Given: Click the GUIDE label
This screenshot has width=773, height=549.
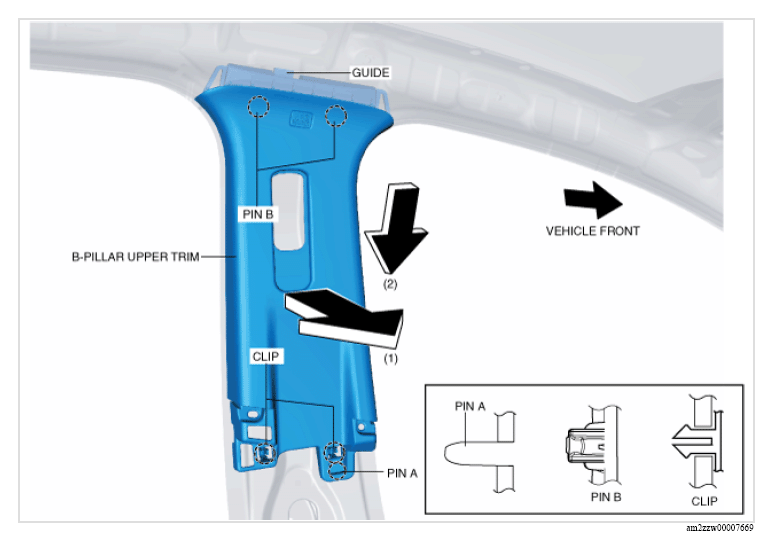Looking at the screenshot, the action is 370,73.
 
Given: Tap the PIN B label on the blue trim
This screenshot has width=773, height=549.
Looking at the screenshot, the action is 258,214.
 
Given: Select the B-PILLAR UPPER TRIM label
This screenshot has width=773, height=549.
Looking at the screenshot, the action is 136,257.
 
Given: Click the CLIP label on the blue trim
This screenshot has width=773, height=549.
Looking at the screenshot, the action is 266,356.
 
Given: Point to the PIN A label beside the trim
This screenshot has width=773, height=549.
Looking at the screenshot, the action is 402,473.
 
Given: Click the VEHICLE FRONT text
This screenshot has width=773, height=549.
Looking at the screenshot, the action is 593,231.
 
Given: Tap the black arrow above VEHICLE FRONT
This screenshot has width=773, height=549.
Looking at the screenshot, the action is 593,200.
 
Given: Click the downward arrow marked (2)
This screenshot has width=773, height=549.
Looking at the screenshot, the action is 397,228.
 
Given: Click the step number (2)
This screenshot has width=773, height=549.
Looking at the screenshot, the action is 390,284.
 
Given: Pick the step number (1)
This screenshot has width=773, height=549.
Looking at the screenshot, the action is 390,358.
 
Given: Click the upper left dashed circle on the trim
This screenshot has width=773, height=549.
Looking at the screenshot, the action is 258,106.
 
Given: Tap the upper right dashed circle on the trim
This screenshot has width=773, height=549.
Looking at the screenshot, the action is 336,116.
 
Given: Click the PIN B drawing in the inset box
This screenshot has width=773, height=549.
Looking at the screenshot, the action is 592,446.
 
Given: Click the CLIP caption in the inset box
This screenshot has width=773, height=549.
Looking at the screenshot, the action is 704,501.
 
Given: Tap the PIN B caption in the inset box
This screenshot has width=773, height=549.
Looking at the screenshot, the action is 606,497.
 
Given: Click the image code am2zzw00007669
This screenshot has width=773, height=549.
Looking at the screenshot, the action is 720,528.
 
